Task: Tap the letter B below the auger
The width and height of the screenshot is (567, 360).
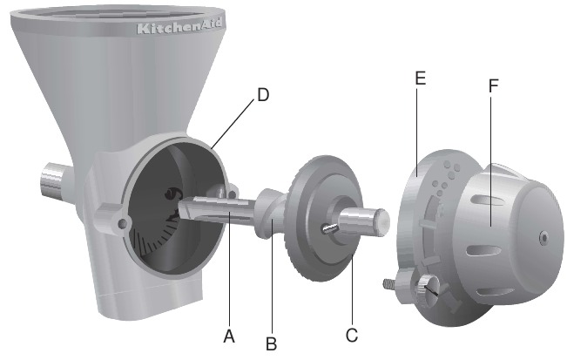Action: [x=272, y=345]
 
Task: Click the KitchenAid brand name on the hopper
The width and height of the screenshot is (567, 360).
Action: [x=174, y=28]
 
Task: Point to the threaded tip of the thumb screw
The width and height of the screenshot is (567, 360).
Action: [x=386, y=282]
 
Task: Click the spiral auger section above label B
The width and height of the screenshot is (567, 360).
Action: [x=272, y=222]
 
